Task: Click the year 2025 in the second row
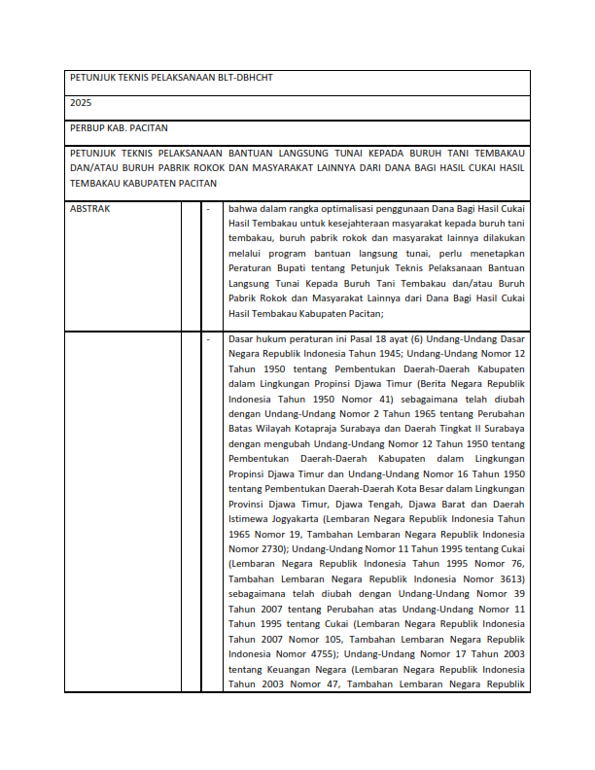click(x=81, y=102)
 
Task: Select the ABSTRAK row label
click(x=89, y=208)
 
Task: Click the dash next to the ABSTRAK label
click(x=208, y=208)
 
